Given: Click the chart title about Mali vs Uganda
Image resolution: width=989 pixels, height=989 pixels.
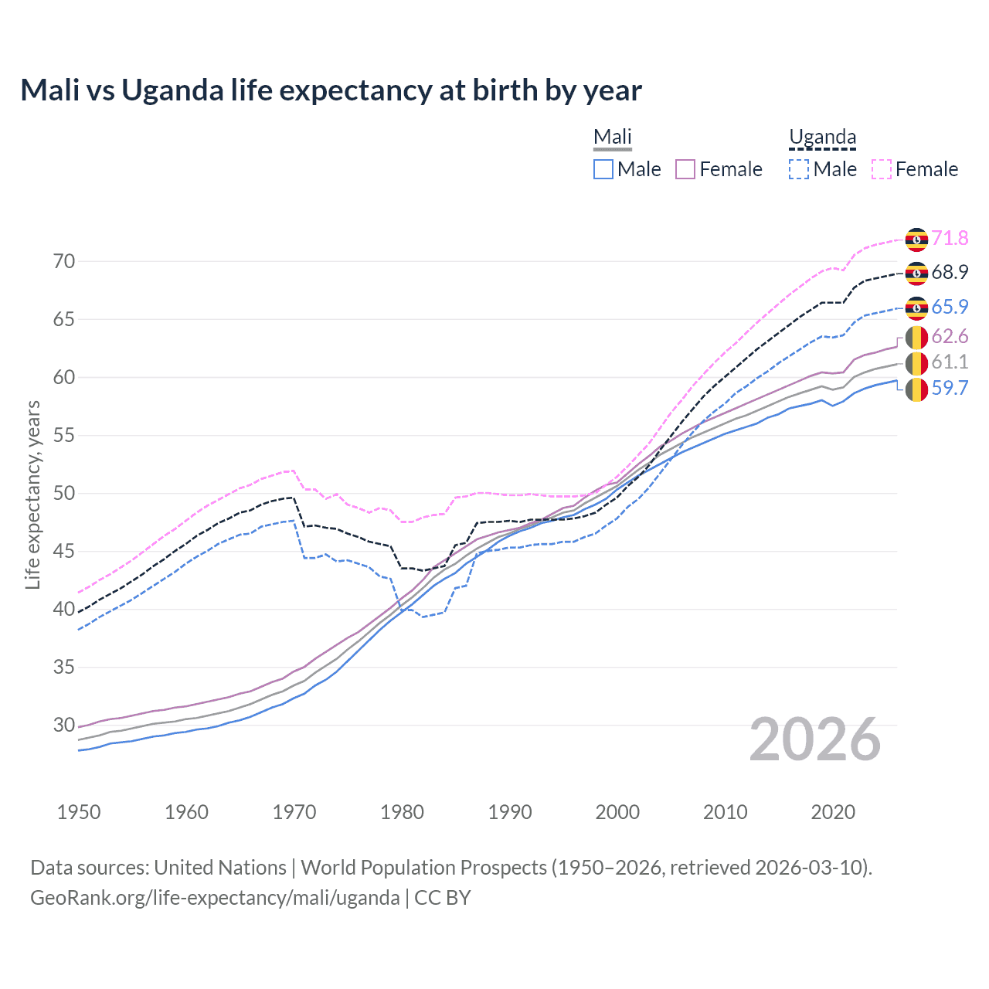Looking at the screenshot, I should (331, 90).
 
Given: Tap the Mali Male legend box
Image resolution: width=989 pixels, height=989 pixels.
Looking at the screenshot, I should (603, 169).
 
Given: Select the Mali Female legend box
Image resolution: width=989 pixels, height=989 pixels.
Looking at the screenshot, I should (685, 169).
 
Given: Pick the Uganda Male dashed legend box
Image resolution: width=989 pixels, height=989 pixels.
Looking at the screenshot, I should (799, 169).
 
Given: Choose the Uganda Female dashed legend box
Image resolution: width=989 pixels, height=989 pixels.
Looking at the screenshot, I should (882, 169).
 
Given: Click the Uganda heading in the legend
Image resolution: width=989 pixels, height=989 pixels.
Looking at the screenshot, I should (822, 138).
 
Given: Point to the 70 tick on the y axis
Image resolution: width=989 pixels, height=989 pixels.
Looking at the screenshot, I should (64, 261).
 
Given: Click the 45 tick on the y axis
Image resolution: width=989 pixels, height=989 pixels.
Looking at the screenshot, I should (64, 551).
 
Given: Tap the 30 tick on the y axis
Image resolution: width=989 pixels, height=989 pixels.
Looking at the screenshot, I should (64, 725).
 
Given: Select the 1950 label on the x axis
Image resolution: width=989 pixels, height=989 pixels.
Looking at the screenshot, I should (79, 812).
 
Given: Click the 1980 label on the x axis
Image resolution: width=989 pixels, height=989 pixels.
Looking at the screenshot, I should (402, 812).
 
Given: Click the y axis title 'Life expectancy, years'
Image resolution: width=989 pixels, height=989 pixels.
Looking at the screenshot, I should (32, 494).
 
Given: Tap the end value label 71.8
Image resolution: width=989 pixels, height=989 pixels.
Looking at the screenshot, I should (950, 238).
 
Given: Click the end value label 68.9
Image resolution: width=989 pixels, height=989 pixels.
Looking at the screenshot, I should (950, 272).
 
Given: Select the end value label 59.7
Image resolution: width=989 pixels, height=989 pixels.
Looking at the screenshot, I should (950, 388).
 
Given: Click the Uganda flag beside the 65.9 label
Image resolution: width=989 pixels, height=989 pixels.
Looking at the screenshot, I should (916, 308).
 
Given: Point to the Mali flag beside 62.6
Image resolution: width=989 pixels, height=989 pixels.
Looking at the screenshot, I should (916, 337).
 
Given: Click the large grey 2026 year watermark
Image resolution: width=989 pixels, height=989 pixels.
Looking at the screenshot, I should (815, 739).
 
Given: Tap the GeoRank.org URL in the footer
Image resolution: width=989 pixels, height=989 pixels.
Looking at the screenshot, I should (215, 898).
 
